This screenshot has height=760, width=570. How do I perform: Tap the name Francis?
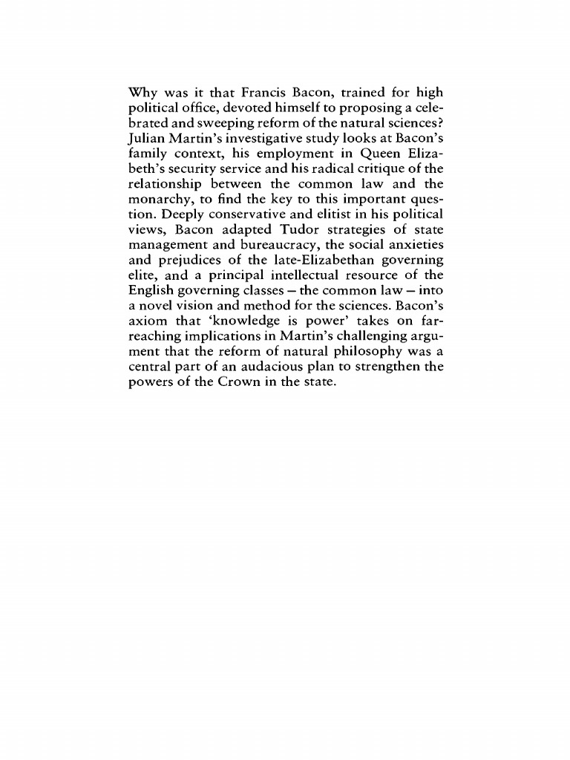click(x=268, y=94)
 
